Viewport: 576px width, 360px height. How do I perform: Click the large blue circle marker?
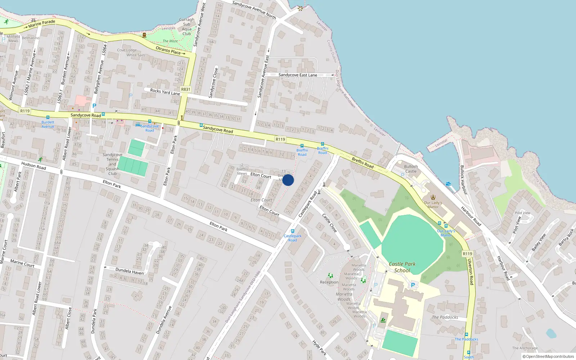coord(288,180)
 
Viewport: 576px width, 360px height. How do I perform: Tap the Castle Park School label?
coord(402,267)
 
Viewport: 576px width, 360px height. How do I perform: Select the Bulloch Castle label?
coord(411,169)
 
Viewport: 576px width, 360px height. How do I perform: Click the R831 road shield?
coord(186,89)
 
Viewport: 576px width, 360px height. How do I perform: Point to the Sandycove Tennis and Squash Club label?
coord(112,164)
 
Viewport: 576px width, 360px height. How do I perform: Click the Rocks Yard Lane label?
coord(165,92)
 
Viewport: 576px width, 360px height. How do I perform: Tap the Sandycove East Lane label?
coord(298,75)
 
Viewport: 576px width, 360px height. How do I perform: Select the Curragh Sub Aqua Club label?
coord(186,27)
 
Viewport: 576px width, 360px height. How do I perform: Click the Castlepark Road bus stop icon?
coord(293,231)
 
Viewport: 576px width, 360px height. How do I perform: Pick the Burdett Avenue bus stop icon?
coord(48,117)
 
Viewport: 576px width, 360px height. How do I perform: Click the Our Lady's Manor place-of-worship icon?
coord(433,197)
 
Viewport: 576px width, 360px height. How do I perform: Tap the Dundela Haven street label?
coord(129,271)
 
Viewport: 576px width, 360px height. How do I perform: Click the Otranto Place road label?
coord(170,50)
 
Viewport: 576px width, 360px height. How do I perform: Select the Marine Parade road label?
coord(42,24)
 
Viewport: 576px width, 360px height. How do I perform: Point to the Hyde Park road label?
coord(319,348)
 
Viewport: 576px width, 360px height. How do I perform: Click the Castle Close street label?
coord(329,223)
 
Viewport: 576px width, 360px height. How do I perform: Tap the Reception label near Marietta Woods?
coord(329,282)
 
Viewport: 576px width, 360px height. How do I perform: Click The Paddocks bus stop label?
coord(466,339)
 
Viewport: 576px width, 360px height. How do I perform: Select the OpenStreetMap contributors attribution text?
coord(548,356)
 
